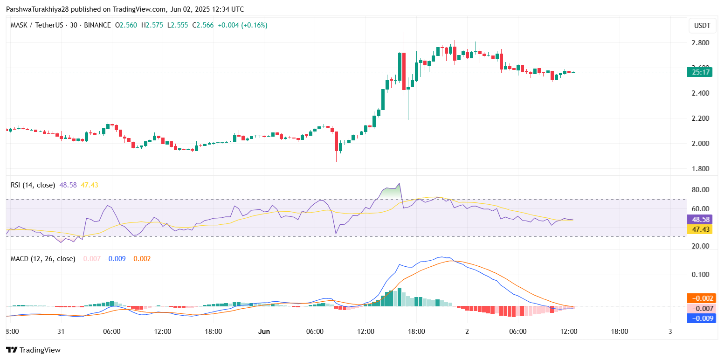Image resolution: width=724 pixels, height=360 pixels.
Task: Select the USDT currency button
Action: [x=703, y=26]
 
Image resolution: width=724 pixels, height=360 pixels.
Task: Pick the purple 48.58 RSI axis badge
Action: [x=701, y=219]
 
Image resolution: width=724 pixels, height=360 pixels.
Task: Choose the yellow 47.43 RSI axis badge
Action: [x=701, y=229]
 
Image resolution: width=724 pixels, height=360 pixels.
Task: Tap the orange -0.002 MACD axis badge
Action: [x=701, y=298]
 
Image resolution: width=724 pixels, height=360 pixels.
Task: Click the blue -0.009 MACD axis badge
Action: [x=701, y=318]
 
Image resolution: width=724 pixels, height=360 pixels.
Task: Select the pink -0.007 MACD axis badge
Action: [x=701, y=309]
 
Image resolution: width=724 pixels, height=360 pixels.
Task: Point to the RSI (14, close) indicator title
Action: [x=33, y=185]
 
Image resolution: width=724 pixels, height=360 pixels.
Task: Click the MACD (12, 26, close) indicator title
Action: [x=43, y=258]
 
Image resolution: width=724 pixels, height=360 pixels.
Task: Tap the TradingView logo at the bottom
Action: [x=33, y=350]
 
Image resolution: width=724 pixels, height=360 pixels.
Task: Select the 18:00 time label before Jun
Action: [x=213, y=332]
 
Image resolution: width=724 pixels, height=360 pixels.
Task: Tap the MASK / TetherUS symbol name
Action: [x=35, y=25]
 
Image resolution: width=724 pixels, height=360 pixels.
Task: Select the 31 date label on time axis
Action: [x=61, y=332]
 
